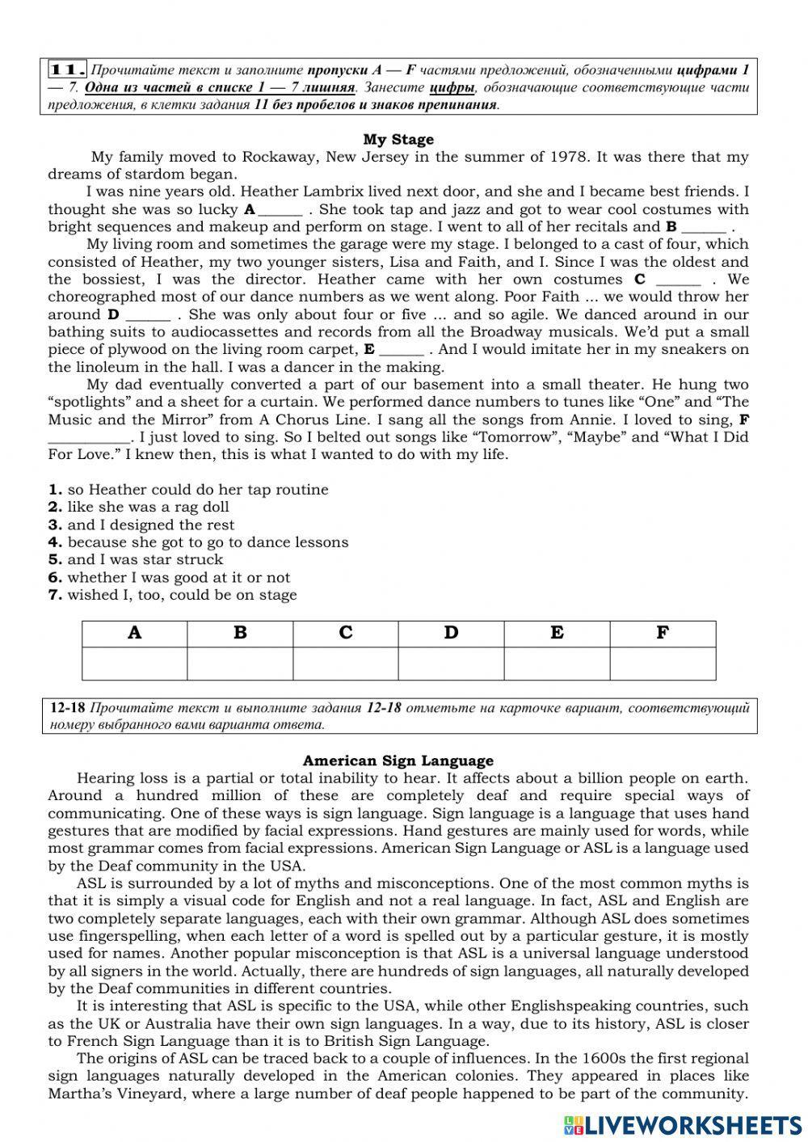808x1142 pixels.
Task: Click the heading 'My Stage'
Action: tap(398, 139)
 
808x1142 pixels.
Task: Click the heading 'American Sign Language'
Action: tap(398, 761)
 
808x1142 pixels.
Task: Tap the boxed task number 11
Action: tap(68, 70)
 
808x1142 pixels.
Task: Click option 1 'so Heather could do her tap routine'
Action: tap(188, 489)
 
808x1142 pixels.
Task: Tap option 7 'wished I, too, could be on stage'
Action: tap(172, 595)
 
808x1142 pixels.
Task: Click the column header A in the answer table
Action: tap(135, 633)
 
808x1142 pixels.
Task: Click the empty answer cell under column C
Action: tap(346, 664)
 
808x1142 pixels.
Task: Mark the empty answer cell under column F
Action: tap(663, 664)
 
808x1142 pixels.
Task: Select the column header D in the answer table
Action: tap(451, 633)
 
